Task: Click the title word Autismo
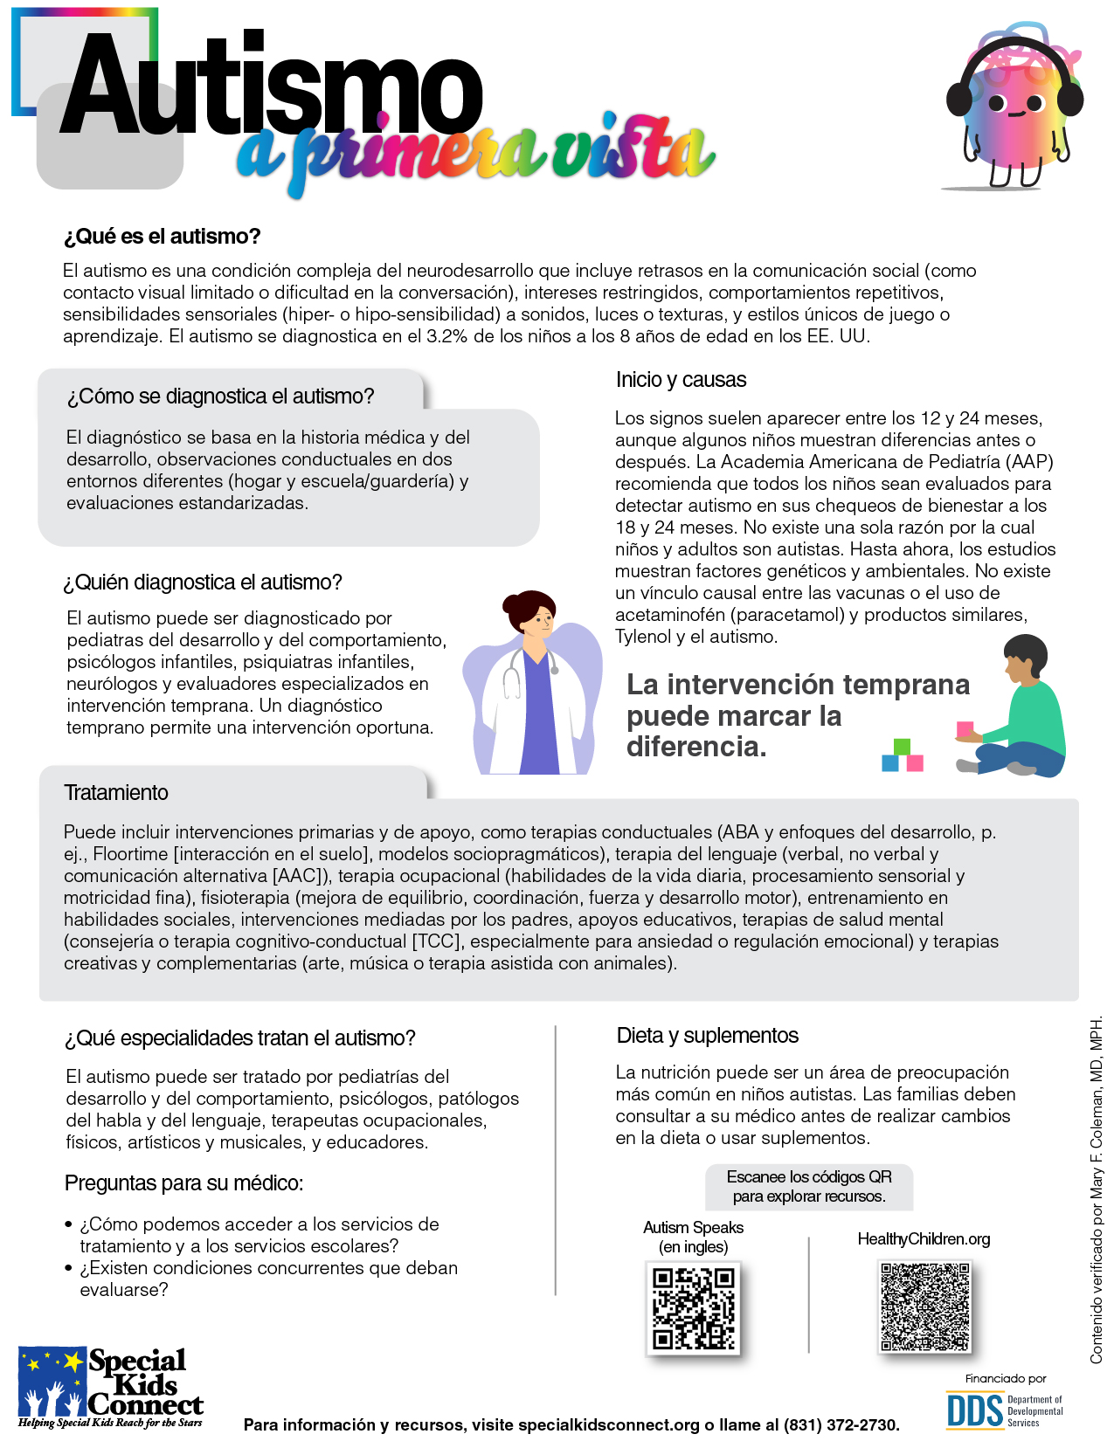tap(271, 87)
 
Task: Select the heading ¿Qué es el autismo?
tap(163, 237)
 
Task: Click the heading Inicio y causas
tap(681, 380)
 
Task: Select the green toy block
tap(903, 747)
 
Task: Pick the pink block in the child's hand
tap(965, 729)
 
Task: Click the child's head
tap(1025, 657)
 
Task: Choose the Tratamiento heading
tap(116, 793)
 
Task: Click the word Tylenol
tap(643, 637)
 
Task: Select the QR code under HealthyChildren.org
tap(924, 1307)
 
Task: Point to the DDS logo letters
tap(975, 1410)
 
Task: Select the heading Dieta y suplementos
tap(707, 1036)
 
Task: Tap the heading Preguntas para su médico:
tap(183, 1183)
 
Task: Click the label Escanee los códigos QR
tap(809, 1177)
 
